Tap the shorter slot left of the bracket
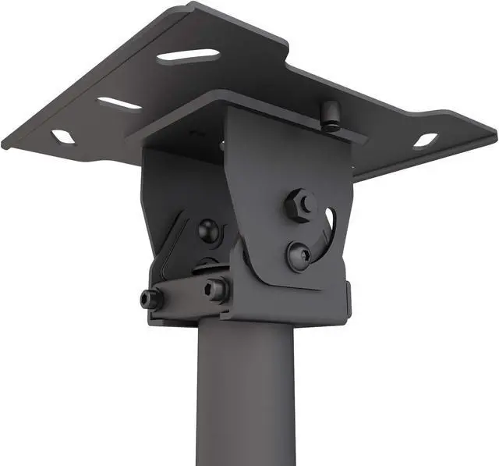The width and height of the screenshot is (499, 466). pos(119,104)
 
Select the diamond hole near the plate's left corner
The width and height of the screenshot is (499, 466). pos(62,137)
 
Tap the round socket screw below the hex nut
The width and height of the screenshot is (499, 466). pos(298,254)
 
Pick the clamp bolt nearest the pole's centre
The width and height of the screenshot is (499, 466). pos(216,290)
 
